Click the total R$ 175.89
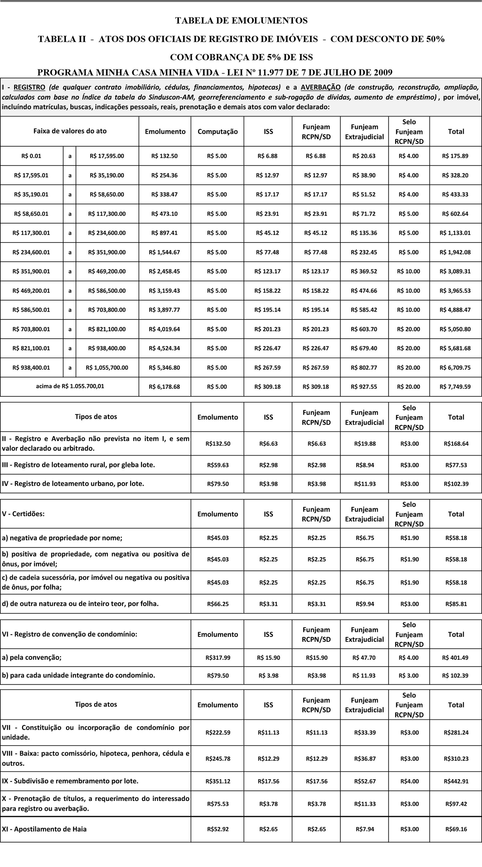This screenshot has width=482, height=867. tap(455, 156)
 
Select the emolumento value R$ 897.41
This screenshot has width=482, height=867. tap(164, 233)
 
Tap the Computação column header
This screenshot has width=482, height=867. tap(218, 132)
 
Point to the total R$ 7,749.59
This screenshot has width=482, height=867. tap(455, 387)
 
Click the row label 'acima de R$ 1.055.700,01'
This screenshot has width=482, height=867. tap(70, 386)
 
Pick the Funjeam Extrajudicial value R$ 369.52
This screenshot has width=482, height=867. tap(364, 271)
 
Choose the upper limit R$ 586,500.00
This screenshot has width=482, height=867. tap(107, 291)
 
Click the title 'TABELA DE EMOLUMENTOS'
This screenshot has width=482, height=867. tap(241, 21)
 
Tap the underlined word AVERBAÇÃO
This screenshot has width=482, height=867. tap(320, 87)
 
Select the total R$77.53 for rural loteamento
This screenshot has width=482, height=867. tap(456, 465)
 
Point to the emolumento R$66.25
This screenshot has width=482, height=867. tap(218, 604)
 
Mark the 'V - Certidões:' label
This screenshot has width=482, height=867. tap(23, 514)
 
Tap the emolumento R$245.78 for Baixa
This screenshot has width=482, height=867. tap(218, 759)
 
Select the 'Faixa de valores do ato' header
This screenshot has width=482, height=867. tap(70, 131)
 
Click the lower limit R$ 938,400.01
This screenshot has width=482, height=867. tap(31, 367)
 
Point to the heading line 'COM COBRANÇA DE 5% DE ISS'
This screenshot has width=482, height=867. tap(241, 57)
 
